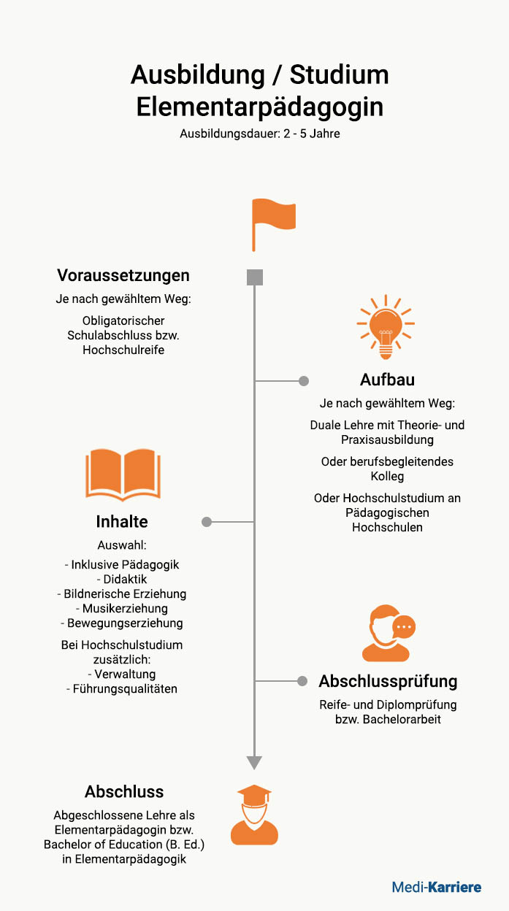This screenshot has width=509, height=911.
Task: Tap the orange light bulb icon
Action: coord(386,327)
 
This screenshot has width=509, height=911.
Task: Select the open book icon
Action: coord(123,474)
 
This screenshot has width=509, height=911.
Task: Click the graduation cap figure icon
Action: coord(254,815)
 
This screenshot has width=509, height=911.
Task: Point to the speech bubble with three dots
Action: coord(404,627)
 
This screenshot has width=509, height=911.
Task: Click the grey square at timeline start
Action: coord(255,277)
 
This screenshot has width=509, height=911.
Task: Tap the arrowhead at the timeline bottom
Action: coord(254,763)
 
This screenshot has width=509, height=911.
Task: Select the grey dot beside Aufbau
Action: coord(304,381)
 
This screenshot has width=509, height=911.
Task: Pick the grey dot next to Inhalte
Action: coord(207,522)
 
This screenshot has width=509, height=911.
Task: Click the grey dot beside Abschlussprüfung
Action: coord(302,681)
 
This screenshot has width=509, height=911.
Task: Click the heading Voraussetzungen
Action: coord(123,275)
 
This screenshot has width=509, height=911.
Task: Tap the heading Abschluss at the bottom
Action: coord(124,792)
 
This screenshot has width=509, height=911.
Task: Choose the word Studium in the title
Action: coord(339,75)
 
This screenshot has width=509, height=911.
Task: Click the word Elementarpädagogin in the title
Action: coord(259,107)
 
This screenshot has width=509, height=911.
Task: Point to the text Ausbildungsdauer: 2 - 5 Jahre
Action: coord(260,134)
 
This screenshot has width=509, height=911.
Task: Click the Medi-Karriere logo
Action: coord(437,887)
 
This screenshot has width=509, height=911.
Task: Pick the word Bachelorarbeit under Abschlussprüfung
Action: coord(402,720)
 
